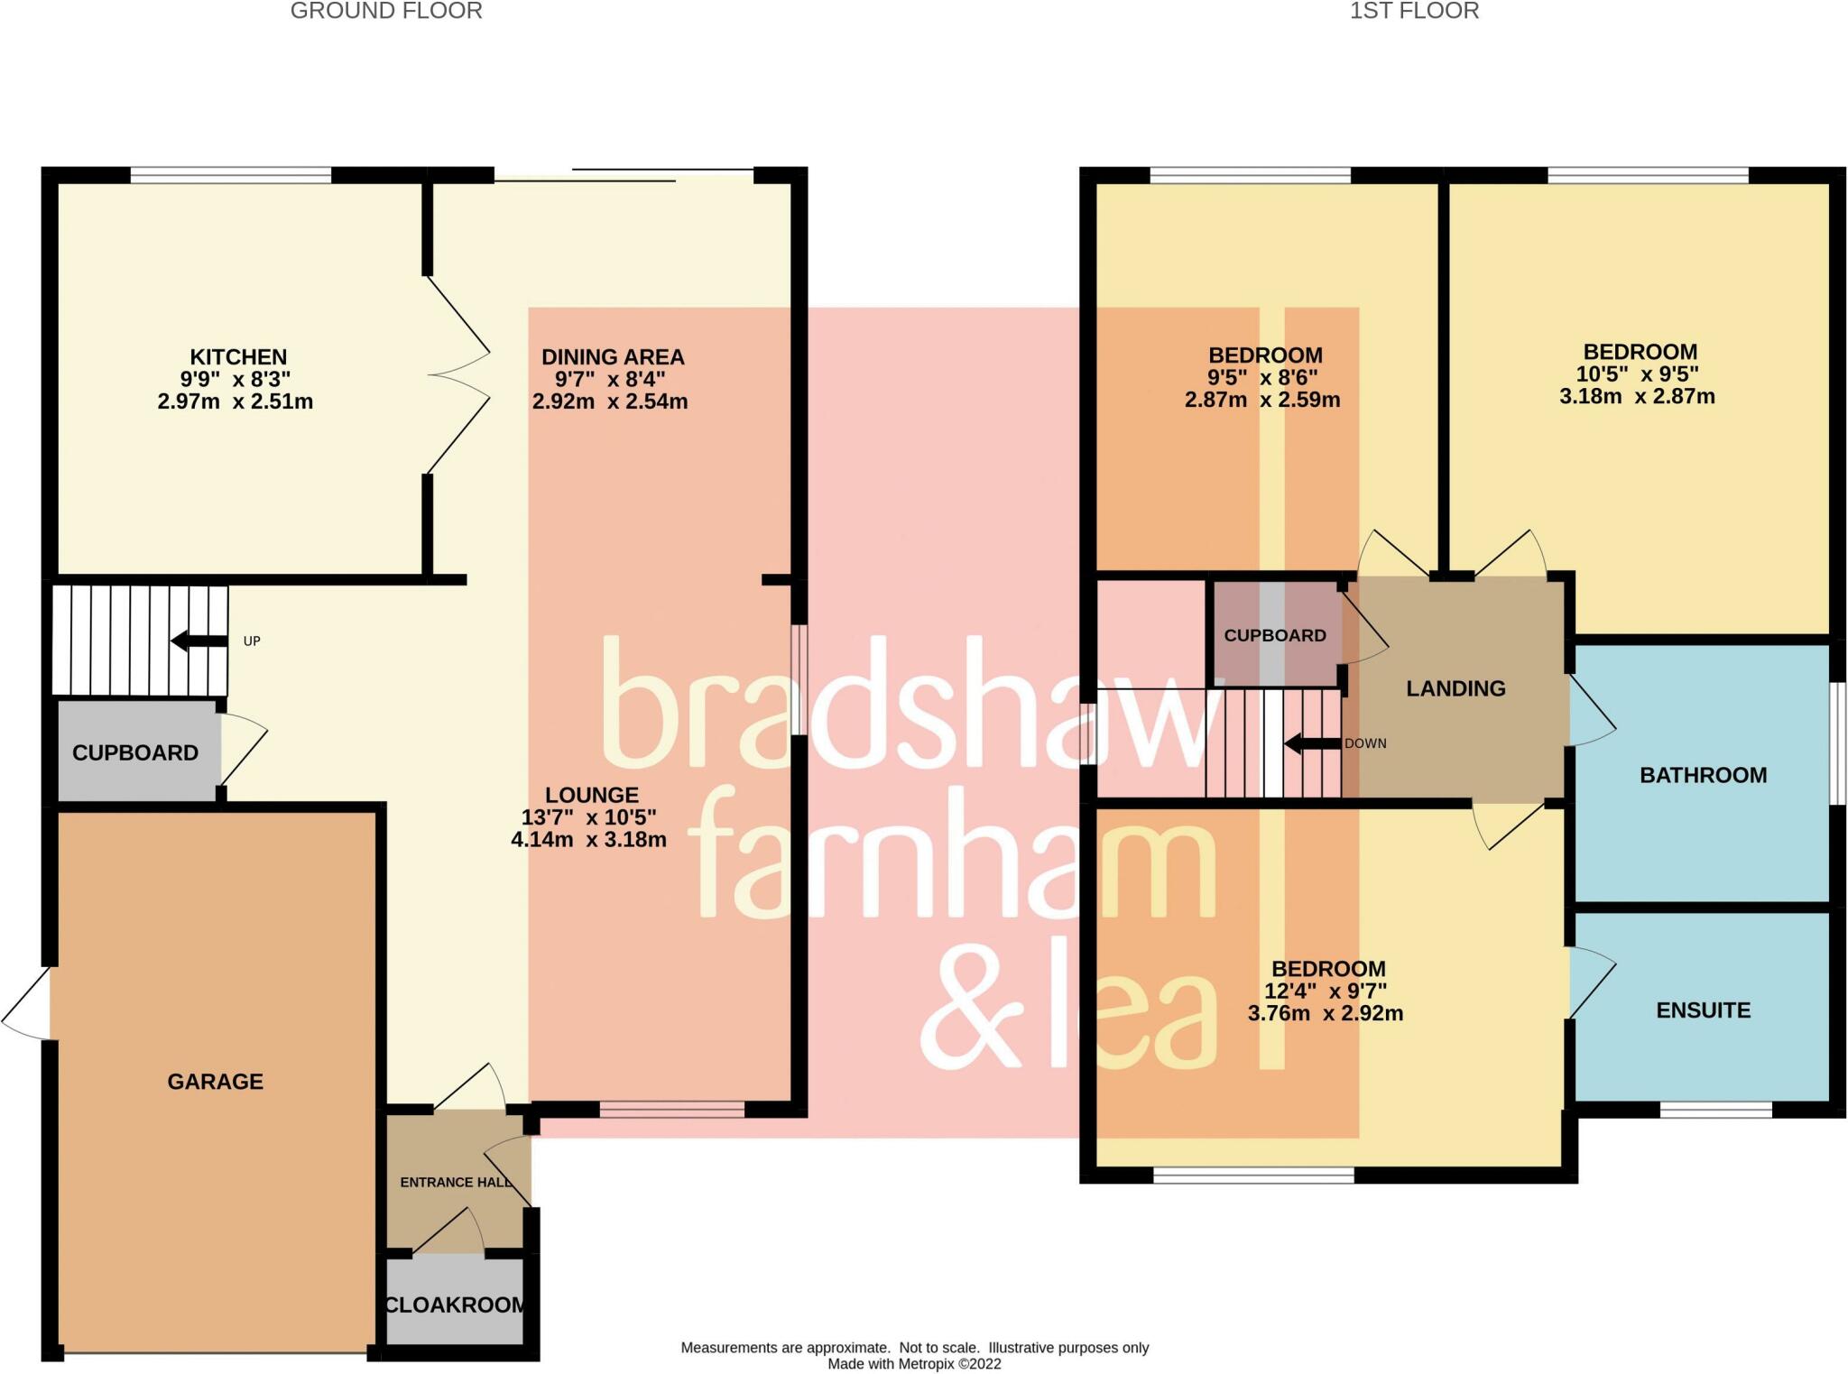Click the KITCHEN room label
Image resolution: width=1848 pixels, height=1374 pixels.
238,357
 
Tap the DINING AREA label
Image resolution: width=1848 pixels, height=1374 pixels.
613,357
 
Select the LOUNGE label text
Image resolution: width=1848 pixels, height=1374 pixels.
592,795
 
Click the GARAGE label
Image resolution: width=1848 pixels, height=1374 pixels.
216,1082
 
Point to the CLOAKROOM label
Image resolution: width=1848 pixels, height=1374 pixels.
455,1305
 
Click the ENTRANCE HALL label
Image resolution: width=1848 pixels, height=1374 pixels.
457,1182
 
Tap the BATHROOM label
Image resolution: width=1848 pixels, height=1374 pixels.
1704,775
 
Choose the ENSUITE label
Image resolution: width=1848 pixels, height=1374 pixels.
1704,1010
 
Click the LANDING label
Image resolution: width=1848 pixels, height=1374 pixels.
1456,688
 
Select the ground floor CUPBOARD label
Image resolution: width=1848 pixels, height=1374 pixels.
135,752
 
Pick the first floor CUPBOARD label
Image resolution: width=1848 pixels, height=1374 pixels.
1275,635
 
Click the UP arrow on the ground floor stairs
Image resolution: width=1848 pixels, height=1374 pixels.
199,641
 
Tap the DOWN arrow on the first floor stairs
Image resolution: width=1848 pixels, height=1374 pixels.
1313,744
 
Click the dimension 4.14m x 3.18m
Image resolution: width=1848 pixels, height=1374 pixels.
589,840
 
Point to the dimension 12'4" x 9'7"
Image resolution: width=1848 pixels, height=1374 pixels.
1326,991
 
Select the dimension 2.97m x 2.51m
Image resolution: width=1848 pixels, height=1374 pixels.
236,401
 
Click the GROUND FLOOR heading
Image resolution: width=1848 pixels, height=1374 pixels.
386,11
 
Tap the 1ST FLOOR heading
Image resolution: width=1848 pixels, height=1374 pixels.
1414,11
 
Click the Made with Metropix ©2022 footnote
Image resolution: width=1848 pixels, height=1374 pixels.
915,1363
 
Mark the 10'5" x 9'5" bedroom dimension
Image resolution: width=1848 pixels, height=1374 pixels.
1638,374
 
